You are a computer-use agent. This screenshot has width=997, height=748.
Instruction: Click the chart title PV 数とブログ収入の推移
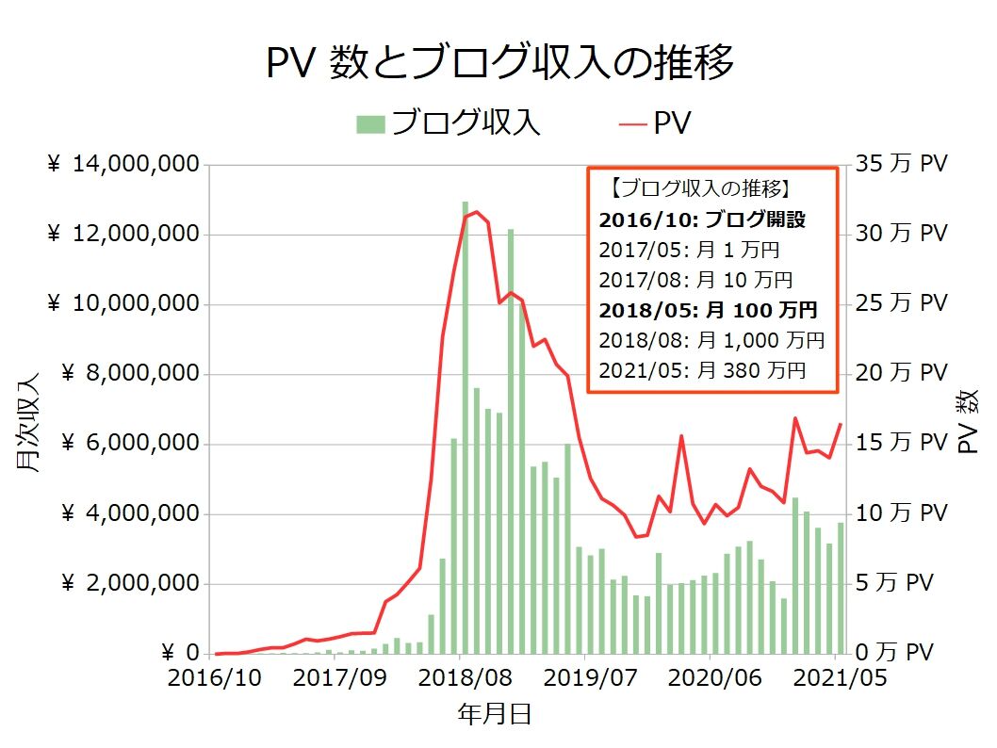coord(498,64)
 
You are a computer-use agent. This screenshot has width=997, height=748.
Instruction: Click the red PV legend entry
coord(656,122)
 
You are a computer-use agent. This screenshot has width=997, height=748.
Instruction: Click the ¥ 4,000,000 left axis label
coord(130,514)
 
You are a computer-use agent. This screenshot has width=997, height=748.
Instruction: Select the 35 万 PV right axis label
coord(901,165)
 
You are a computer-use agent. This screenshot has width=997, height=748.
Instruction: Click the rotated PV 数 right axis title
coord(968,423)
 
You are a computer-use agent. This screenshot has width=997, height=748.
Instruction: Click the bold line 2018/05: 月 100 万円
coord(707,309)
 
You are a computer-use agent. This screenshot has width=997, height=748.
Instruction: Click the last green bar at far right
coord(841,588)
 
